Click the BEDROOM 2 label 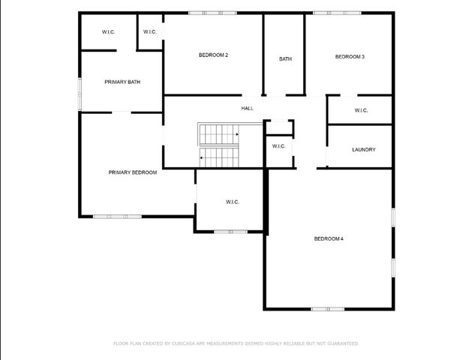(x=213, y=55)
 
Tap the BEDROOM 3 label (x=350, y=56)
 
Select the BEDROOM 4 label (x=329, y=238)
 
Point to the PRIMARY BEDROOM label (x=133, y=172)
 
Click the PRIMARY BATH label (x=122, y=82)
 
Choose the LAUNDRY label (x=363, y=149)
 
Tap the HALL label (x=247, y=108)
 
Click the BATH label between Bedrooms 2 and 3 (x=285, y=59)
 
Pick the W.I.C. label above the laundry (x=360, y=110)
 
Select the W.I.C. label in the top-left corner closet (x=109, y=31)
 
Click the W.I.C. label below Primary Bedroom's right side (x=232, y=202)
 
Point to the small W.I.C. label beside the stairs (x=278, y=146)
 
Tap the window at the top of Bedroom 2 (x=212, y=12)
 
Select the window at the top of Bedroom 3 (x=330, y=12)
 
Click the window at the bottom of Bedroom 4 (x=328, y=308)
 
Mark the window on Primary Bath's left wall (x=80, y=93)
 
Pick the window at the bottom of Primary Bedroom (x=117, y=217)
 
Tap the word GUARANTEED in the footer (x=341, y=343)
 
